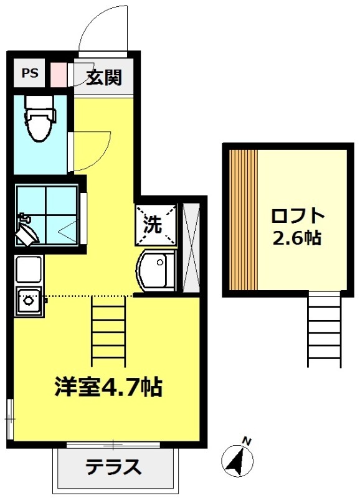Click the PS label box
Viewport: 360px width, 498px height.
click(x=29, y=73)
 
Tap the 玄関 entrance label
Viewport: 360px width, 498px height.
click(x=105, y=77)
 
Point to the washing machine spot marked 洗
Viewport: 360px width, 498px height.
click(x=156, y=225)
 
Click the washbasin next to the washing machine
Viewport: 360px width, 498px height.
click(x=156, y=270)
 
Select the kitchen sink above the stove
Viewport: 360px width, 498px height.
click(x=29, y=269)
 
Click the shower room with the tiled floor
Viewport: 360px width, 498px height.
click(x=47, y=215)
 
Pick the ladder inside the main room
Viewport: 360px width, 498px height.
click(x=108, y=331)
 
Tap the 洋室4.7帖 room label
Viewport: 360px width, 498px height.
click(x=108, y=387)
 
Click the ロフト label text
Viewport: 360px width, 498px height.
click(x=298, y=216)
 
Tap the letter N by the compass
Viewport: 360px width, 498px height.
click(x=247, y=441)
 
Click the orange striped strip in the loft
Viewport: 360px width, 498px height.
click(x=243, y=220)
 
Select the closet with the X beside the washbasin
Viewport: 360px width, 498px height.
click(x=191, y=248)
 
